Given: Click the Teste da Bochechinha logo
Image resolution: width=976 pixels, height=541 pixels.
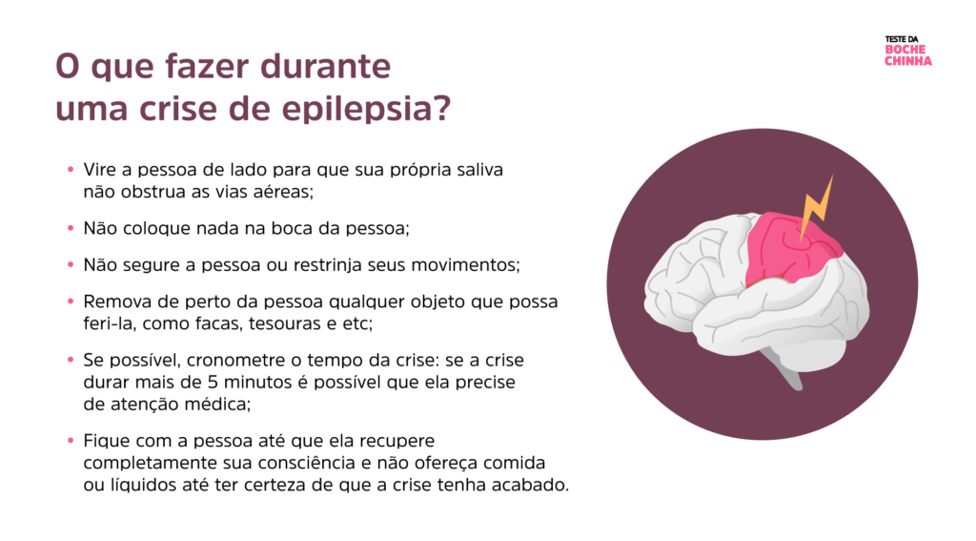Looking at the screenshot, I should click(907, 52).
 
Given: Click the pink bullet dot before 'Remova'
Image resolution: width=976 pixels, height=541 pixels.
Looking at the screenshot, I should click(71, 302).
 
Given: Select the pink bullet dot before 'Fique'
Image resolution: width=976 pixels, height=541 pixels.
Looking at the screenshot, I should click(71, 441).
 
